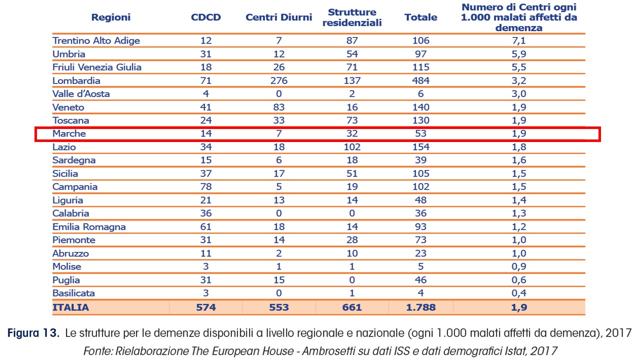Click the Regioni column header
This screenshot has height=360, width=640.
(111, 17)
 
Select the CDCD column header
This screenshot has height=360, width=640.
(205, 17)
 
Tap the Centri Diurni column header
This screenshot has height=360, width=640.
(279, 17)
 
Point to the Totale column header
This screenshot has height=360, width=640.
(421, 17)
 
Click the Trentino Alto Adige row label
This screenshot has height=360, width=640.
(96, 40)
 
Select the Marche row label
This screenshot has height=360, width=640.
(69, 133)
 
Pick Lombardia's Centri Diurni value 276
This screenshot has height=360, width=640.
(279, 80)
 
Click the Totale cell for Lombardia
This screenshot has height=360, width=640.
(421, 80)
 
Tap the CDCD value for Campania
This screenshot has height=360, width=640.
(205, 186)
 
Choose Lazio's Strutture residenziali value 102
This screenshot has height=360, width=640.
(352, 147)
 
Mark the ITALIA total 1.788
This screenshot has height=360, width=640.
(421, 307)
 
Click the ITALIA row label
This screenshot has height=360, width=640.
(70, 307)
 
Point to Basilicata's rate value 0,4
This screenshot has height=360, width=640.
(519, 293)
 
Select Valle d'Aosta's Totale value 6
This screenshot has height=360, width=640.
(421, 93)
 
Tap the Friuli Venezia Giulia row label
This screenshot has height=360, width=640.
(97, 67)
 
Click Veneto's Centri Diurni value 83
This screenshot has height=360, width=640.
(279, 107)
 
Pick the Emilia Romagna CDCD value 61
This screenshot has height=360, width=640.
(205, 226)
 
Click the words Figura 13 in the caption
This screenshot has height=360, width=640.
(33, 333)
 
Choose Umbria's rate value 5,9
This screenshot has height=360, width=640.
(519, 54)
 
